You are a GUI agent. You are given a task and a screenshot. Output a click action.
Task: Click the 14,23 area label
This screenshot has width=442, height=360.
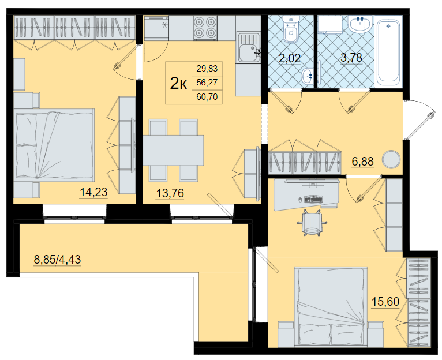tap(93, 192)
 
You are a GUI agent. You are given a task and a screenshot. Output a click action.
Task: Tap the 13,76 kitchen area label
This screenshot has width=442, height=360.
tap(170, 193)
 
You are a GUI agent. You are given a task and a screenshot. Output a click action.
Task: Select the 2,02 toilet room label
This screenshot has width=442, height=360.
tap(290, 59)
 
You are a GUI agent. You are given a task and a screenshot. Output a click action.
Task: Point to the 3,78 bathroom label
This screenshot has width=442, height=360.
tap(351, 58)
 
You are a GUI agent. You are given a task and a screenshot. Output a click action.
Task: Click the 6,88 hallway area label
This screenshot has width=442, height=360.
tap(363, 162)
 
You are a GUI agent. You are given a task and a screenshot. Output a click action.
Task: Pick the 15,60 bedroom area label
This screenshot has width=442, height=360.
tap(385, 302)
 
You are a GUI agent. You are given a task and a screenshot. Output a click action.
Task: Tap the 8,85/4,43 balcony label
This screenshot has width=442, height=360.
tap(58, 260)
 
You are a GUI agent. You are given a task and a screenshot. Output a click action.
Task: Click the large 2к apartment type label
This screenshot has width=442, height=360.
tap(178, 83)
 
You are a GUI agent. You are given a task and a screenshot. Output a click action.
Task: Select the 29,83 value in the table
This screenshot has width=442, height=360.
tap(207, 69)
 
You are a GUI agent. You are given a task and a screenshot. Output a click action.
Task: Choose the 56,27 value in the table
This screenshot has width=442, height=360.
tap(207, 82)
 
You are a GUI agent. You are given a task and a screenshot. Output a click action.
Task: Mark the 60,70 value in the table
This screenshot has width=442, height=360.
tap(207, 97)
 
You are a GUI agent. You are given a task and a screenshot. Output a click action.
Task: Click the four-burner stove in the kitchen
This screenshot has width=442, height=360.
tap(205, 28)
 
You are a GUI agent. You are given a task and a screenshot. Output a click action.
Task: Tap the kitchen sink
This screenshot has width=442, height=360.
tap(249, 47)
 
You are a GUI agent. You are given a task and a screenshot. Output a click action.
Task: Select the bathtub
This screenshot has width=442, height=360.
tap(388, 51)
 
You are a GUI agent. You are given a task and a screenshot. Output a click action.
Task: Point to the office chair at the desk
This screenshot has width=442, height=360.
tap(312, 223)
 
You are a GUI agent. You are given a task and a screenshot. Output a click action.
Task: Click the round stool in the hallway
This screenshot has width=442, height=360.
tap(391, 160)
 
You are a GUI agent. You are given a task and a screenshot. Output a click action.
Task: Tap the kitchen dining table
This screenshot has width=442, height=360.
tap(173, 150)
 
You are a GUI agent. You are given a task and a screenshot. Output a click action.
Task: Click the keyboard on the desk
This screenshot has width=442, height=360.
tap(313, 198)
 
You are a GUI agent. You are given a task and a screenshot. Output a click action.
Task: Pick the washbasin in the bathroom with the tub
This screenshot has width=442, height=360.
tap(360, 24)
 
